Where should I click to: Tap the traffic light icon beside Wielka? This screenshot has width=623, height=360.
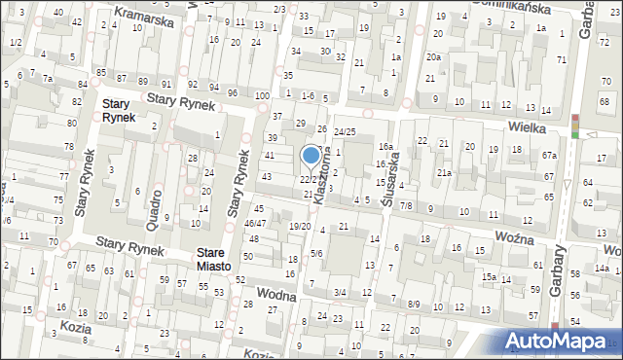pos(575,126)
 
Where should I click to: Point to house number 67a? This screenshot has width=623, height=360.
pos(550,156)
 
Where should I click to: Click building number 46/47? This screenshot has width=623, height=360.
pos(254,223)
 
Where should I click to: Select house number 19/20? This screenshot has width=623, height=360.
pos(300,226)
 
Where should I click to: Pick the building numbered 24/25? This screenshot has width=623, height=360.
pos(345,130)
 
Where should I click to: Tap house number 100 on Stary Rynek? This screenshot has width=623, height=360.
pos(262,95)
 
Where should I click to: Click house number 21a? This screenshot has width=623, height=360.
pos(444,172)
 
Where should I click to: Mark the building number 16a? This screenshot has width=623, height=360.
pos(385,147)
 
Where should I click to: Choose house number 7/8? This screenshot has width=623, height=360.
pos(406,205)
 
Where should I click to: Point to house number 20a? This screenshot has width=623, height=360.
pos(432,55)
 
